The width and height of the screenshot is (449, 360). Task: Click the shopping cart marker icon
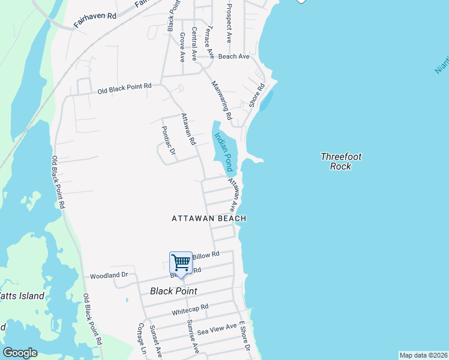[181, 263]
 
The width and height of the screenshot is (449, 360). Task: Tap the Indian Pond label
[223, 152]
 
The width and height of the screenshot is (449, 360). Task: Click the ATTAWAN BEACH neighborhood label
[209, 219]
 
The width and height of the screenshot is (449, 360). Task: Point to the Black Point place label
[174, 291]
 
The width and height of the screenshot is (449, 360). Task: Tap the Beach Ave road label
[234, 56]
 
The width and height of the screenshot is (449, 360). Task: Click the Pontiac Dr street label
[168, 141]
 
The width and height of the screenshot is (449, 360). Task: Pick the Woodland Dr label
[109, 276]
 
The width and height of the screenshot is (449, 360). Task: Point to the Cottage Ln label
[142, 338]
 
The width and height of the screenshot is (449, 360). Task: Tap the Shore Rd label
[257, 95]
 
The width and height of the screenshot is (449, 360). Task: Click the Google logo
[20, 352]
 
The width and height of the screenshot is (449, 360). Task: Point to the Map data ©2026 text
[423, 355]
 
